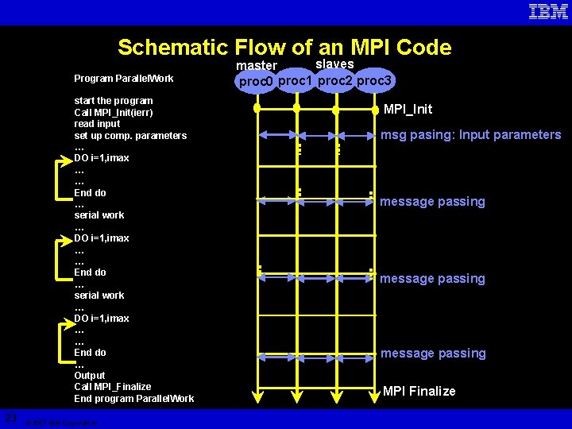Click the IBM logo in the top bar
(x=548, y=12)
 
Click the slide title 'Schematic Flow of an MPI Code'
(x=284, y=48)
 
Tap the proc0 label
(x=256, y=82)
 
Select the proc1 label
(x=296, y=80)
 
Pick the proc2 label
(x=335, y=80)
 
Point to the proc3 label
(x=375, y=80)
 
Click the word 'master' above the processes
(x=257, y=65)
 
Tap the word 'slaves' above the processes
(x=334, y=64)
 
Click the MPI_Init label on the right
(x=408, y=109)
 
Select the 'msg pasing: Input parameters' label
(x=470, y=134)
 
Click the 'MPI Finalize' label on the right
(x=419, y=391)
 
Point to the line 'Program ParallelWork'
(x=123, y=79)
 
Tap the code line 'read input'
(x=97, y=124)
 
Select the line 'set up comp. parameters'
(x=130, y=136)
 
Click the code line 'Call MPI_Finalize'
(x=112, y=387)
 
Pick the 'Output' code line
(x=90, y=375)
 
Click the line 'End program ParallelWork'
(x=133, y=399)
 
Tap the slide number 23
(x=10, y=417)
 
